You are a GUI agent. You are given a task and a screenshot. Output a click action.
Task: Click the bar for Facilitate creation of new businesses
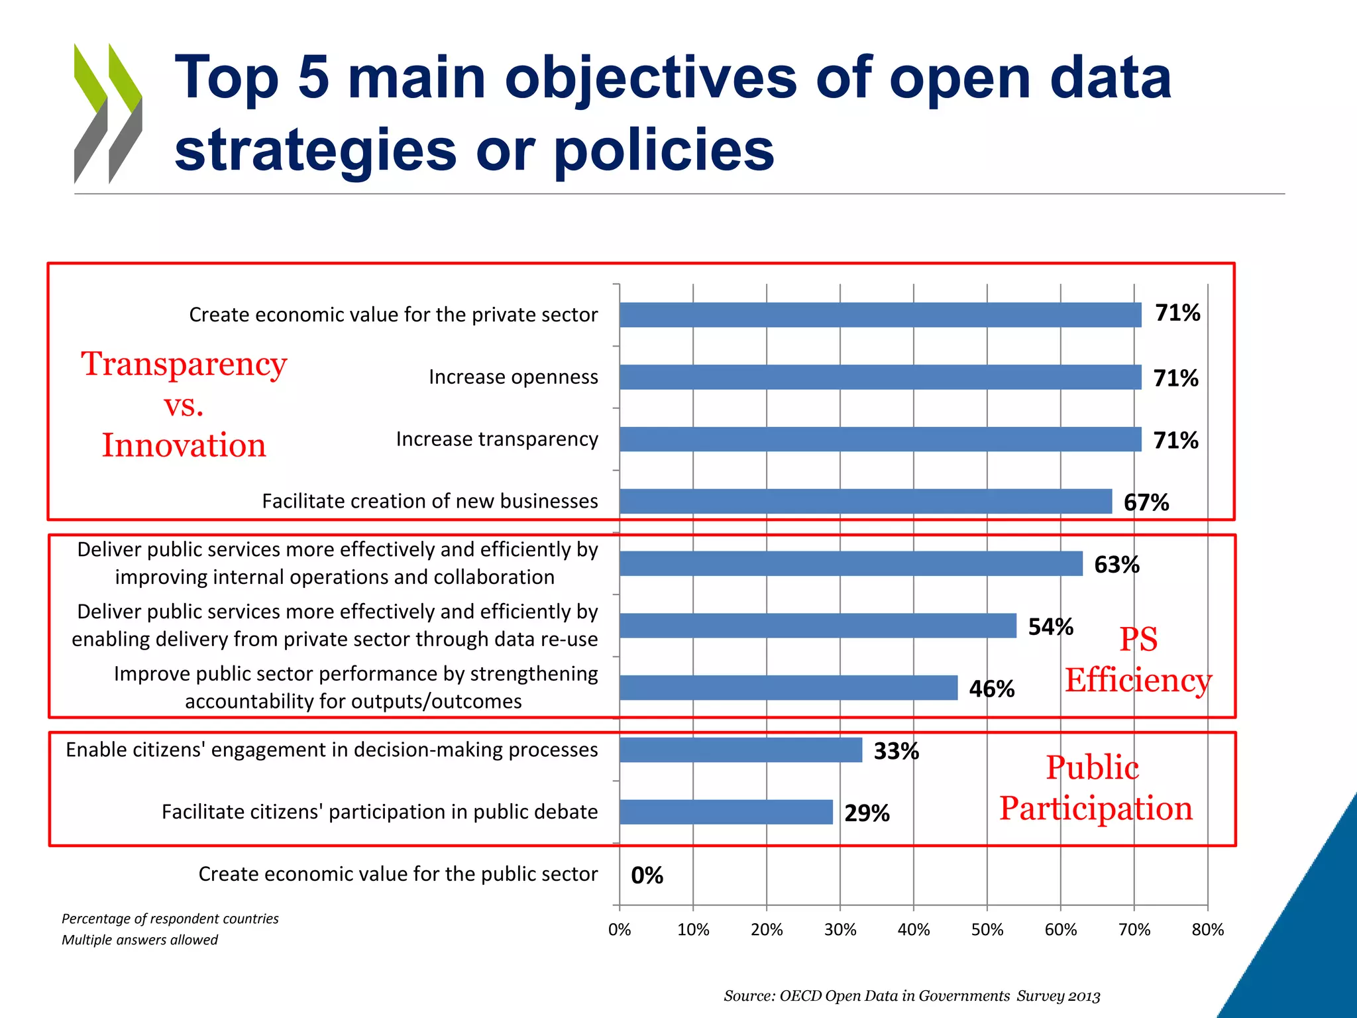(865, 501)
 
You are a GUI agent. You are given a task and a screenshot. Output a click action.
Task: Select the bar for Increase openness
(880, 377)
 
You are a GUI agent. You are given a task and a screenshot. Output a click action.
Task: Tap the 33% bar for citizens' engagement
(741, 750)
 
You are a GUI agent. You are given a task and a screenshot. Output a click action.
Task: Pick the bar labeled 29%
(726, 812)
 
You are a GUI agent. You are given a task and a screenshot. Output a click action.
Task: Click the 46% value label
(991, 689)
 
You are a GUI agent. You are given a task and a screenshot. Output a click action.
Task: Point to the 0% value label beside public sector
(647, 876)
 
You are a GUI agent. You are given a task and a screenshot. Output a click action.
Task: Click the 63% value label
(1116, 565)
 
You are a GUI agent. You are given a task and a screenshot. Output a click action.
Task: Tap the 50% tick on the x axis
(987, 930)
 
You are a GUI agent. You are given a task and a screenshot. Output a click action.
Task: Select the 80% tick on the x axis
(1207, 930)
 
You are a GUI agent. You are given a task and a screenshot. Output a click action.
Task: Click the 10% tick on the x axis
(693, 930)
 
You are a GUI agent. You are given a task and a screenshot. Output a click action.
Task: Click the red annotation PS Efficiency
(1138, 660)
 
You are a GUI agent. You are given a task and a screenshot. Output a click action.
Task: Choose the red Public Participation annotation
(1096, 788)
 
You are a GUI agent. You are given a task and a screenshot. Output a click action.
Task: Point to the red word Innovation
(184, 445)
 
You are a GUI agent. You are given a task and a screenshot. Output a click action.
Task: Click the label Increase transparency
(497, 439)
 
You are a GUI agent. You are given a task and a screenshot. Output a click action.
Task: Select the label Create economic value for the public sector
(398, 874)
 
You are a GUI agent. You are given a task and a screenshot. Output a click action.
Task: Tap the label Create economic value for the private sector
(394, 315)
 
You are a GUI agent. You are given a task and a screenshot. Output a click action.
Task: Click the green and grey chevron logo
(108, 113)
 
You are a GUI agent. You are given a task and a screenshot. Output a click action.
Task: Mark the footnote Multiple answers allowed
(140, 940)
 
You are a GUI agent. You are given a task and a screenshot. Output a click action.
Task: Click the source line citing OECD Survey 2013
(912, 996)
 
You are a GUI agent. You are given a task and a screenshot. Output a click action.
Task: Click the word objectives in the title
(651, 79)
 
